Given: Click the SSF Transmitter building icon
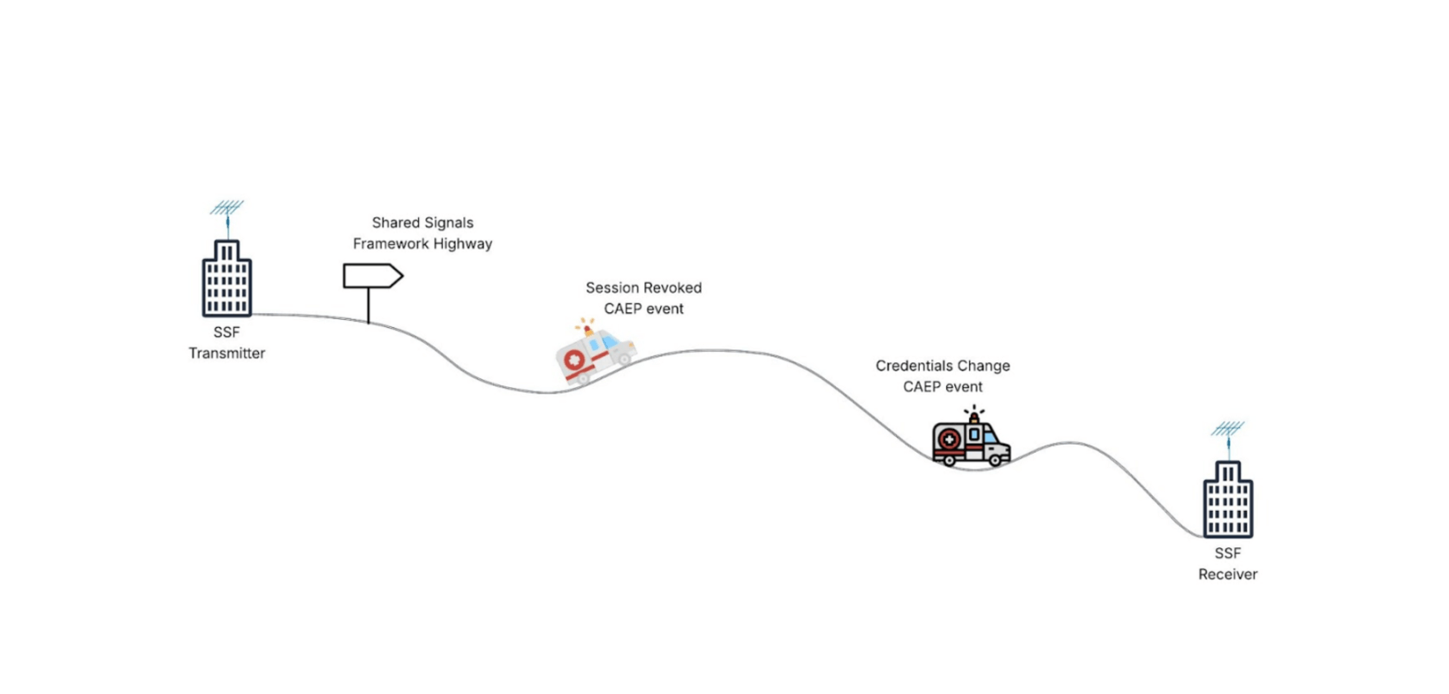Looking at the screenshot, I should pyautogui.click(x=226, y=278).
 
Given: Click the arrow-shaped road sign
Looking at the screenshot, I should pyautogui.click(x=373, y=277).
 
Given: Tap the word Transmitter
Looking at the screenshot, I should pyautogui.click(x=227, y=354).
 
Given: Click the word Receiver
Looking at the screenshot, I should pyautogui.click(x=1227, y=575).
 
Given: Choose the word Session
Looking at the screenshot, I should pyautogui.click(x=612, y=288).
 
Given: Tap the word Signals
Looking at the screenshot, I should pyautogui.click(x=447, y=223).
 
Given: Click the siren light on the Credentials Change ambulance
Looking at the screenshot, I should pyautogui.click(x=974, y=416).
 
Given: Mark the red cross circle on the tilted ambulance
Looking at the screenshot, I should pyautogui.click(x=573, y=360).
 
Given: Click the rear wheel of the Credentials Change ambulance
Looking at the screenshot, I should pyautogui.click(x=948, y=460).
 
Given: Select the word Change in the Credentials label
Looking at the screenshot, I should pyautogui.click(x=985, y=366).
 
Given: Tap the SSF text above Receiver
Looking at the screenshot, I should pyautogui.click(x=1227, y=553).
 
